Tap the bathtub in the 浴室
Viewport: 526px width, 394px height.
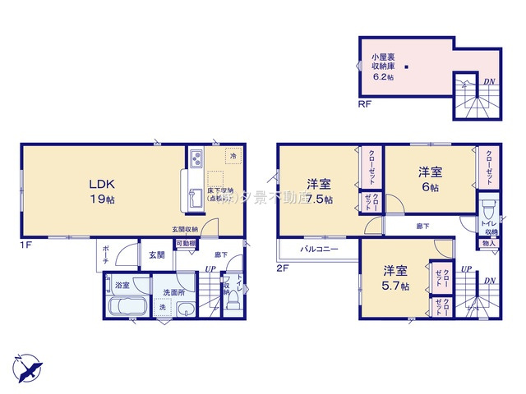point(127,310)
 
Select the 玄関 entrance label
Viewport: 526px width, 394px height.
point(156,255)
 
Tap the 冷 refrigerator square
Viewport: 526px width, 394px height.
point(233,155)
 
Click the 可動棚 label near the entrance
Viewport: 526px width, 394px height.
point(185,243)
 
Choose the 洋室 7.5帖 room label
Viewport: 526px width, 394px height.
point(319,191)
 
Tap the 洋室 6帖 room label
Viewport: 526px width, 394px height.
point(430,178)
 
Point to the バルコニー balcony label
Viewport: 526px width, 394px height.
point(317,247)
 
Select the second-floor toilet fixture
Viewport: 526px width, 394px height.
point(489,205)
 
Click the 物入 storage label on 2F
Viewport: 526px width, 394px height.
point(488,243)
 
